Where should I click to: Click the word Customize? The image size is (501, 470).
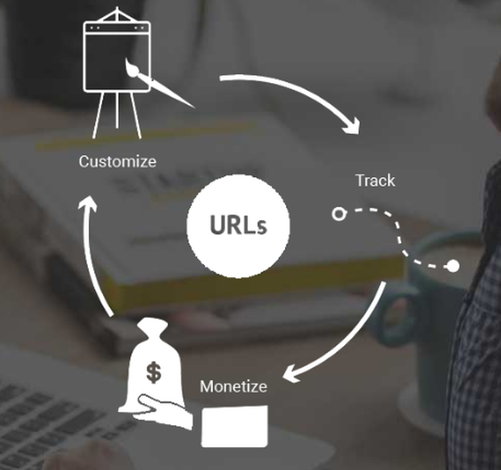pos(117,161)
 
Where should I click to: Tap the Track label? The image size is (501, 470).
pos(375,180)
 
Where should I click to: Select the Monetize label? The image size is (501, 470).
pos(233,386)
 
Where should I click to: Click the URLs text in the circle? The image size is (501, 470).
pos(238,226)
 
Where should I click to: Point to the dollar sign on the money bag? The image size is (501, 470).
pos(153,372)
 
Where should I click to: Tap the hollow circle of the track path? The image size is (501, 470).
pos(339,214)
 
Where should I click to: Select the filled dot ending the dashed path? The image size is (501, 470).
pos(453,266)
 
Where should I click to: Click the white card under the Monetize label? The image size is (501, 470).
pos(234,426)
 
